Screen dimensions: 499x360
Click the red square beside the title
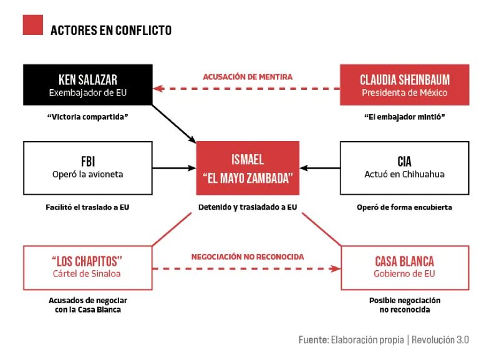tap(33, 25)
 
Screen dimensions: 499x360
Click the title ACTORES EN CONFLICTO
tap(111, 30)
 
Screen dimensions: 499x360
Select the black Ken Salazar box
tap(88, 85)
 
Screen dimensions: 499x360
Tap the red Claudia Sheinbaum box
tap(404, 85)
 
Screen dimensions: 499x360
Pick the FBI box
tap(88, 168)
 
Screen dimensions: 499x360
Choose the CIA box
tap(404, 168)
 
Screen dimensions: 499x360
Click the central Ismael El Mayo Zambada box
tap(248, 168)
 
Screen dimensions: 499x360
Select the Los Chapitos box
tap(88, 268)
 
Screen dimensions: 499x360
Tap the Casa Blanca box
tap(405, 268)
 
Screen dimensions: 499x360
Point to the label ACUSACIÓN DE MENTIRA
tap(248, 77)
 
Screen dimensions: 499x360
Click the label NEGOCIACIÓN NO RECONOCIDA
tap(248, 257)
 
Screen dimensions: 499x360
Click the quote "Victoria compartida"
tap(87, 117)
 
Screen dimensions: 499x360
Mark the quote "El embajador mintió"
tap(404, 117)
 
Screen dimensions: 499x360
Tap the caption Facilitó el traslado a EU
tap(87, 207)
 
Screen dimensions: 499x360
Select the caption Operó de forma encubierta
tap(404, 207)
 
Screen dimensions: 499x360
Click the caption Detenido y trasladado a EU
tap(248, 207)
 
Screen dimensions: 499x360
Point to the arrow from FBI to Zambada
tap(175, 168)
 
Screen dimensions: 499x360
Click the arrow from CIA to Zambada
tap(320, 168)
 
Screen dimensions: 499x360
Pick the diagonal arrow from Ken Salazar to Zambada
tap(174, 124)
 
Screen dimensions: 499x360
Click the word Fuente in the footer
tap(314, 339)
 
